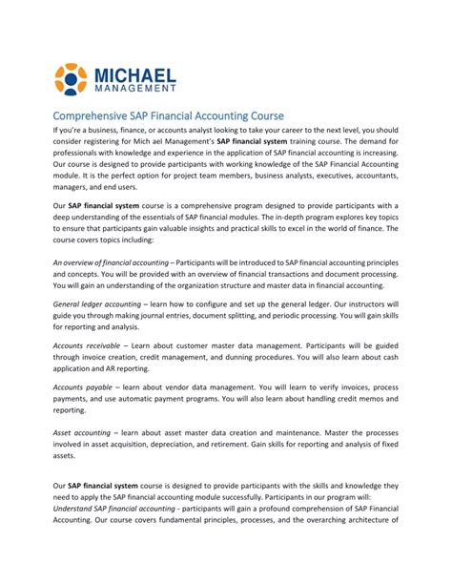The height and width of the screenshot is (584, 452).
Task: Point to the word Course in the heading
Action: pyautogui.click(x=263, y=116)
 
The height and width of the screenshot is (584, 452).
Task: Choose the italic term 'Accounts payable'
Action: pyautogui.click(x=79, y=386)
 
